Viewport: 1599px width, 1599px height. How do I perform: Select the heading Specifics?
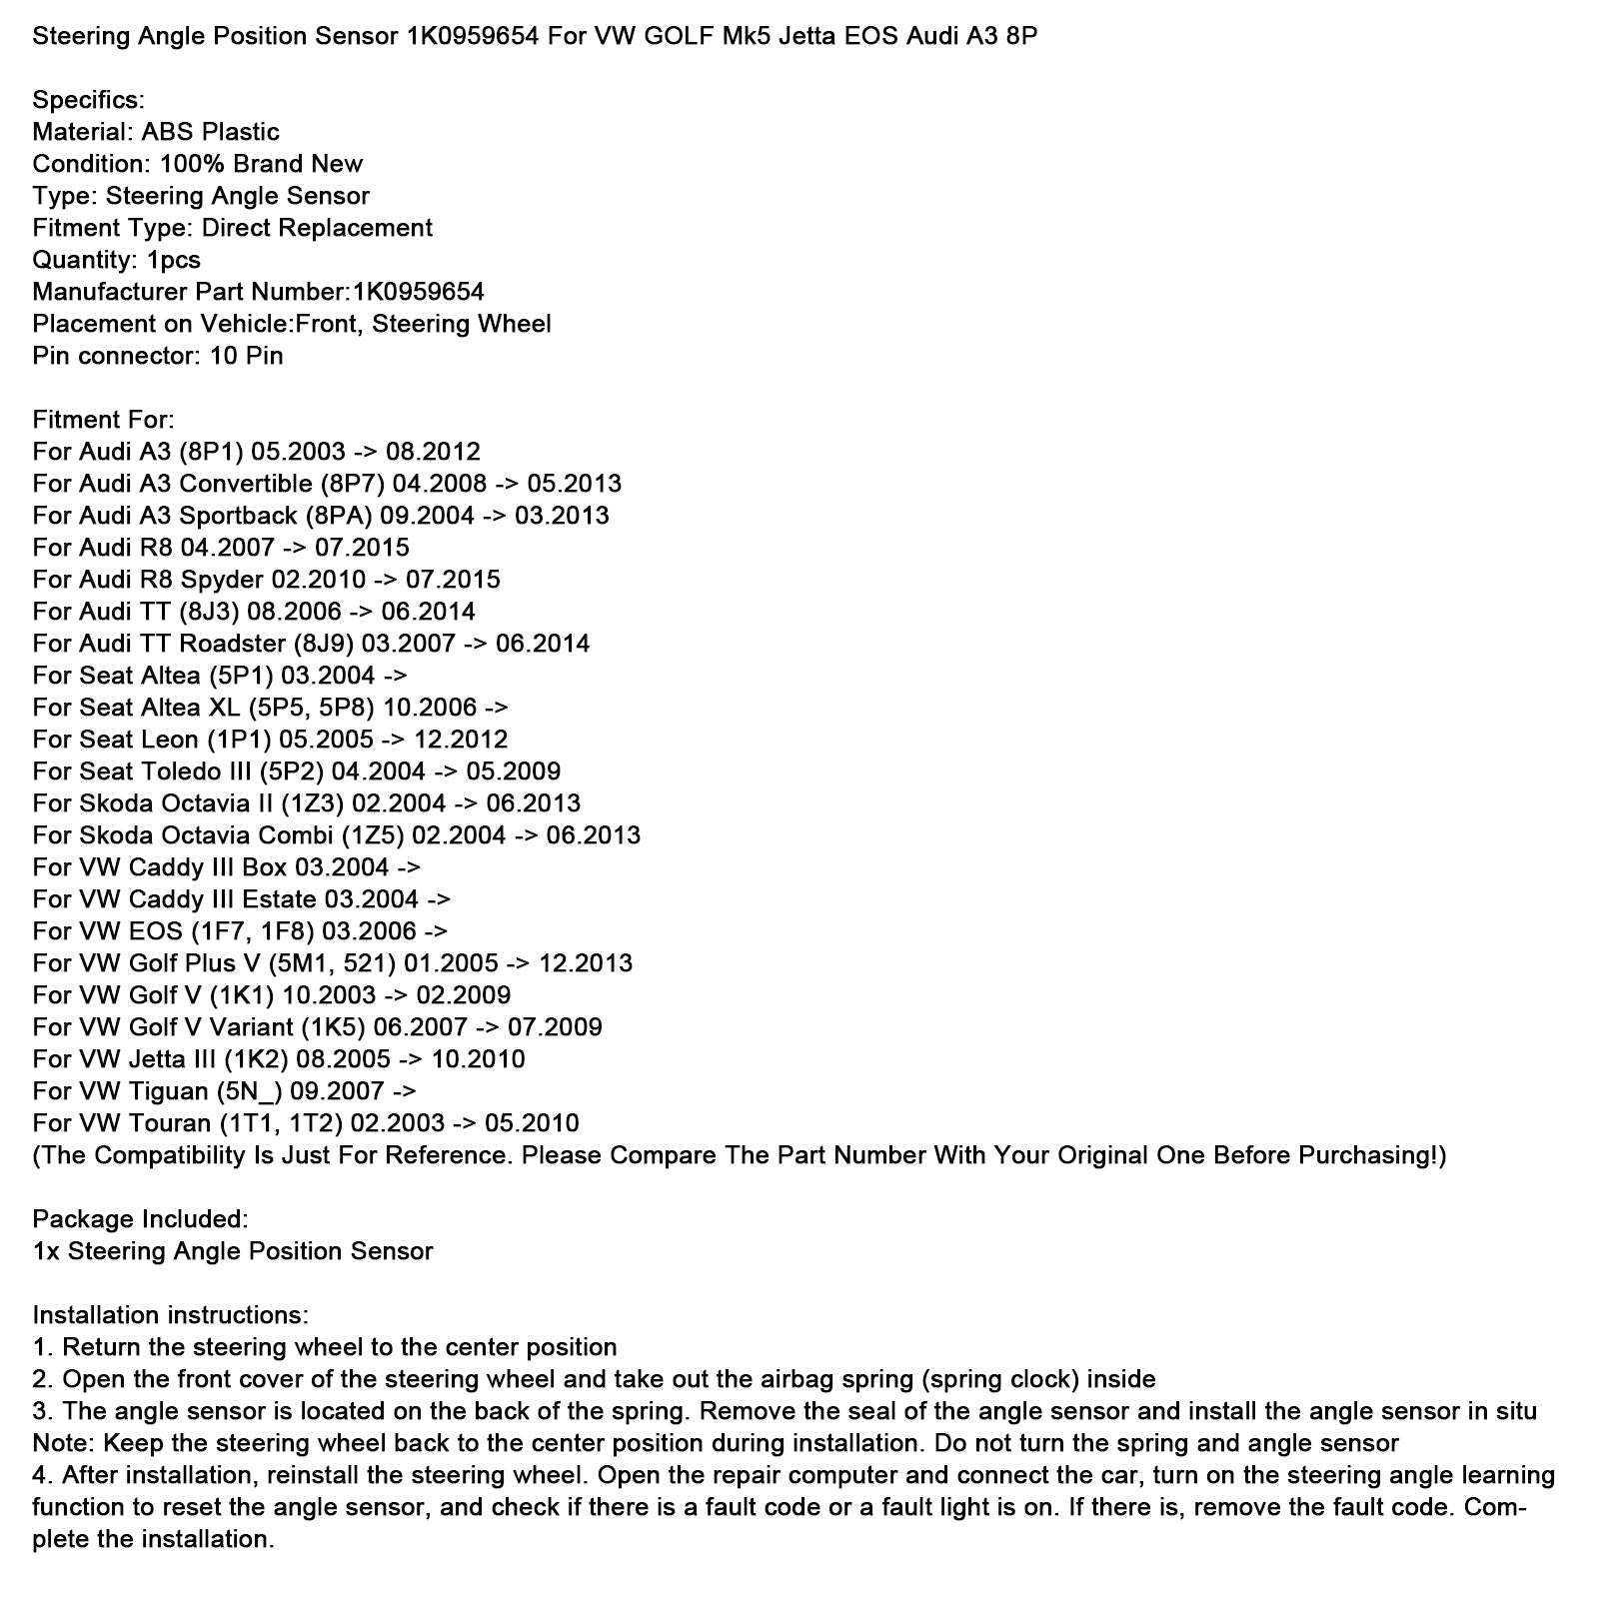tap(88, 100)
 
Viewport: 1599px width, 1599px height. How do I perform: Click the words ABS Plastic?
tap(210, 132)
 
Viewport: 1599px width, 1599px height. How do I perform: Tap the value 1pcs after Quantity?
tap(173, 260)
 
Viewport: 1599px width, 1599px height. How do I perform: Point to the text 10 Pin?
tap(246, 356)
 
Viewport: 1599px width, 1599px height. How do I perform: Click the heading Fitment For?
tap(103, 420)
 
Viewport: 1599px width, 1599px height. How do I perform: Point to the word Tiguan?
tap(168, 1091)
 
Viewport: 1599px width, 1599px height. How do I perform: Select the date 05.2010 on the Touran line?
tap(532, 1123)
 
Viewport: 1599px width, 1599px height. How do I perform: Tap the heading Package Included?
tap(140, 1219)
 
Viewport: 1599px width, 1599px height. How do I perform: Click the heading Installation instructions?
tap(170, 1315)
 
